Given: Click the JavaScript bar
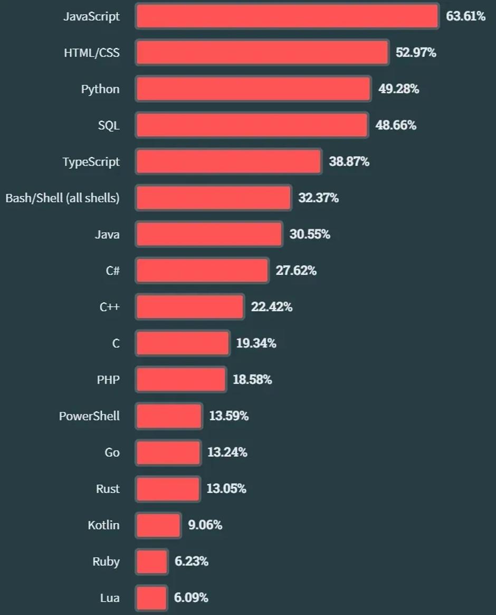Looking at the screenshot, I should pyautogui.click(x=287, y=16).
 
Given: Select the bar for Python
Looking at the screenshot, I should pyautogui.click(x=253, y=89).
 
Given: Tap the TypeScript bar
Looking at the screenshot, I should pyautogui.click(x=228, y=161).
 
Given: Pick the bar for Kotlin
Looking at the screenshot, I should pyautogui.click(x=158, y=525).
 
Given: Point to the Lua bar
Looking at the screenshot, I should pyautogui.click(x=151, y=598).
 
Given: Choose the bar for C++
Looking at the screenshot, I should pyautogui.click(x=190, y=307).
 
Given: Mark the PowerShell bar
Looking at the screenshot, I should pyautogui.click(x=169, y=416).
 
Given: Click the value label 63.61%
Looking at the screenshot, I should pyautogui.click(x=465, y=16).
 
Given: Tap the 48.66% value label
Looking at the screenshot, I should pyautogui.click(x=396, y=126).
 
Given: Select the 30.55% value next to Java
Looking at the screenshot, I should pyautogui.click(x=310, y=234).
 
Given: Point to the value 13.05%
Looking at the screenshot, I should pyautogui.click(x=226, y=489).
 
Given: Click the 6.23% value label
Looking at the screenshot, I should pyautogui.click(x=192, y=562).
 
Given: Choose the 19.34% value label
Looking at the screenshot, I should pyautogui.click(x=256, y=343).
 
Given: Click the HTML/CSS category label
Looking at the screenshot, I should pyautogui.click(x=92, y=53).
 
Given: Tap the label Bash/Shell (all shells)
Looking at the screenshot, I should pyautogui.click(x=62, y=198).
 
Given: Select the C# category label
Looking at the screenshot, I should pyautogui.click(x=112, y=271).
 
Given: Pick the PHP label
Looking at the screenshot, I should pyautogui.click(x=108, y=380).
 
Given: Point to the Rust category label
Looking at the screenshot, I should pyautogui.click(x=108, y=489).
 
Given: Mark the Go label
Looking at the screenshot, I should pyautogui.click(x=112, y=453).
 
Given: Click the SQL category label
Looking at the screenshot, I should pyautogui.click(x=109, y=126).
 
